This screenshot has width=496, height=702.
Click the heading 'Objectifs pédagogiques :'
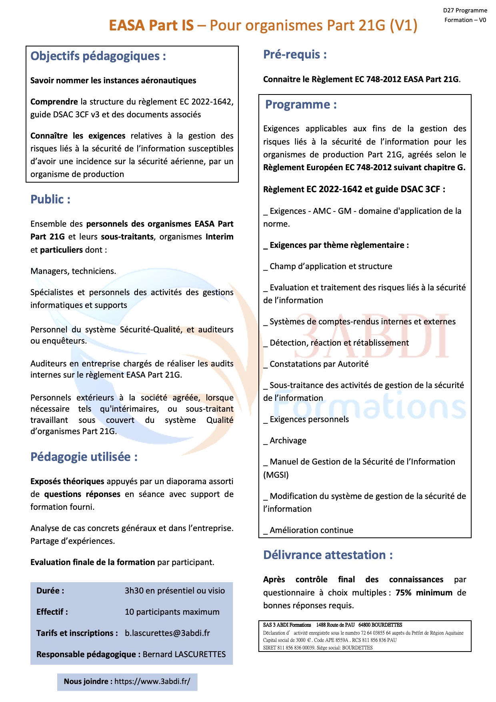(98, 56)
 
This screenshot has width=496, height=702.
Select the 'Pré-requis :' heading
(295, 54)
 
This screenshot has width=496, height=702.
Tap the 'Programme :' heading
(301, 105)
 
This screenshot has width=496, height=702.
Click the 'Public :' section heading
(50, 199)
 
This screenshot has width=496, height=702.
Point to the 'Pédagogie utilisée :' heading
(84, 457)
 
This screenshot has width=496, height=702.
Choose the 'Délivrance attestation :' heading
(328, 555)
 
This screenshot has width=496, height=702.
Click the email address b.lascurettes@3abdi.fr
(167, 633)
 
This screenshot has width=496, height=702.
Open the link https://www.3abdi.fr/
(152, 681)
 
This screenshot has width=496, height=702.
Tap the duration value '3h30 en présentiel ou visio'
(174, 591)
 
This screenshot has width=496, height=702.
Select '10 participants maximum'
(172, 612)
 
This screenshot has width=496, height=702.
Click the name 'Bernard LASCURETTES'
(184, 654)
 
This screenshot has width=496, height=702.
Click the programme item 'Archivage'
(288, 441)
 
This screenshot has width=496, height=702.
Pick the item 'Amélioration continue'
(311, 530)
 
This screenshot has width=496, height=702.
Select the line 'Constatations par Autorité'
(319, 364)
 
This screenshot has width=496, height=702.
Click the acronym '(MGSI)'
(276, 475)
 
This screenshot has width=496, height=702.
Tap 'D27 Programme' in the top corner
(465, 10)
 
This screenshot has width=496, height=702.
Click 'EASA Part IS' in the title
(151, 26)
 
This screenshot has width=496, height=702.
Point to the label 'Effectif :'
(52, 612)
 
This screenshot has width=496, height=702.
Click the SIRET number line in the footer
(318, 648)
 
